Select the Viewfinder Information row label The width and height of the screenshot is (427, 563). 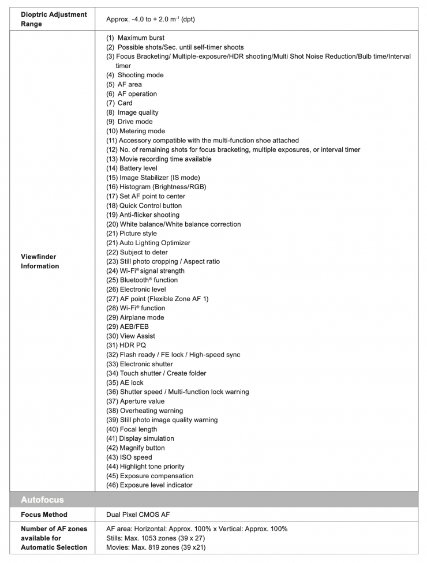(x=40, y=261)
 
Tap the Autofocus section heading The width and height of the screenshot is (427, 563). (x=42, y=500)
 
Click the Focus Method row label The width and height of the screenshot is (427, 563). (x=44, y=515)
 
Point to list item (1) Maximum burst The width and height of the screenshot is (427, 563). (x=136, y=38)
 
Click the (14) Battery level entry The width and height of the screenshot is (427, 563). (x=132, y=168)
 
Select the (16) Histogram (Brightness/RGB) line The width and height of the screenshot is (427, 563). (x=156, y=187)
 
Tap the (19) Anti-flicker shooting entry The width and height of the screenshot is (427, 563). (x=143, y=215)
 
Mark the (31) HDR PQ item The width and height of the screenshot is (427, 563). (x=126, y=346)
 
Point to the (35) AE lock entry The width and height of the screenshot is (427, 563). (x=125, y=382)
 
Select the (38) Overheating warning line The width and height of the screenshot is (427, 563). (x=143, y=411)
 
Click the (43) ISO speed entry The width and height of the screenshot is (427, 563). (x=129, y=457)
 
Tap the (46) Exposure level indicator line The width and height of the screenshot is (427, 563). (x=149, y=485)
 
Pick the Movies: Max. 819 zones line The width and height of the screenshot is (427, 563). (x=156, y=547)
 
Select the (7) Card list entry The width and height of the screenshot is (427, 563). (x=119, y=103)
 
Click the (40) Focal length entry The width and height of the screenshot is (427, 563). (x=132, y=429)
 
